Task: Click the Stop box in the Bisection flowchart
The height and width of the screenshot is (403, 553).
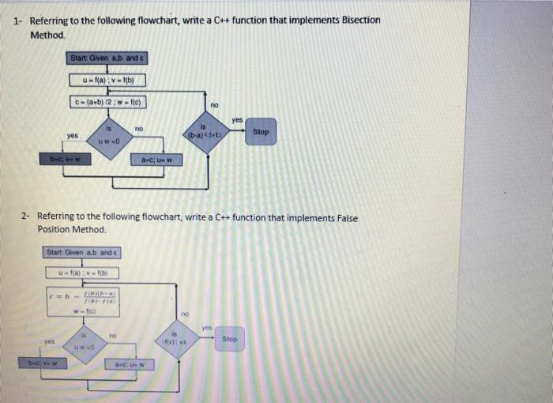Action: click(x=261, y=132)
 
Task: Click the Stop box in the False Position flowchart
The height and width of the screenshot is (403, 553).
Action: click(x=229, y=339)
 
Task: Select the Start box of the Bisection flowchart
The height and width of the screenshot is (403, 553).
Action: click(x=107, y=58)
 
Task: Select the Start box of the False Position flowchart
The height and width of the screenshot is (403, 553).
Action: click(x=83, y=252)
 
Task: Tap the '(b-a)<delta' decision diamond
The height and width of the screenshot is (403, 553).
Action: click(x=203, y=132)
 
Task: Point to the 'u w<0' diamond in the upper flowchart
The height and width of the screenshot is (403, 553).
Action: click(x=108, y=137)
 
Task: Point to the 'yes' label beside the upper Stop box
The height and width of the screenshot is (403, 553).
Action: click(x=237, y=119)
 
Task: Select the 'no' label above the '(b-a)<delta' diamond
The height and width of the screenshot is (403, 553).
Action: click(x=214, y=104)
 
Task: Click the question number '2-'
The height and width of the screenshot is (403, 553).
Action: click(x=26, y=216)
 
